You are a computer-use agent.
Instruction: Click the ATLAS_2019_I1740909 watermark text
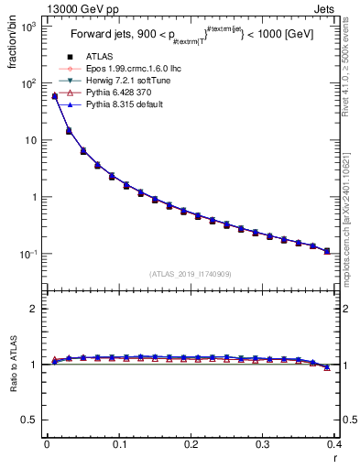coord(190,274)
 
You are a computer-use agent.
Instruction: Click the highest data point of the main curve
coord(54,95)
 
